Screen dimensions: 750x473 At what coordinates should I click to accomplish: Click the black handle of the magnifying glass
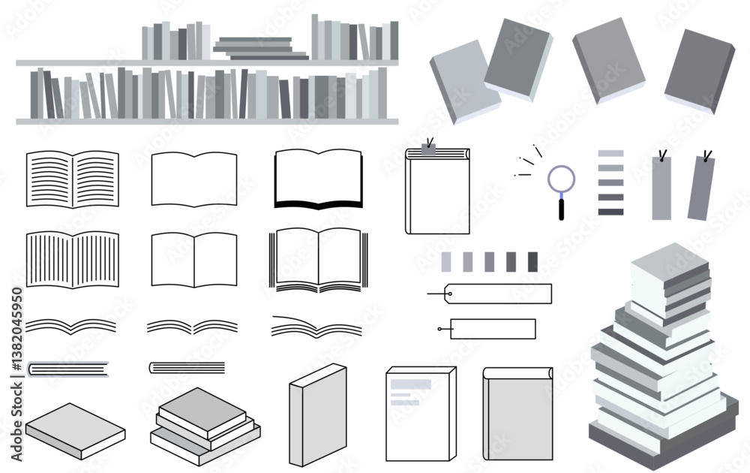[562, 209]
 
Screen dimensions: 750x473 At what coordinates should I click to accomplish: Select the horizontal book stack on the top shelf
[261, 48]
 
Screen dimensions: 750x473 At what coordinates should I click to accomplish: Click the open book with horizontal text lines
[72, 179]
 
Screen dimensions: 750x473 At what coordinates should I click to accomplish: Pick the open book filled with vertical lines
[72, 260]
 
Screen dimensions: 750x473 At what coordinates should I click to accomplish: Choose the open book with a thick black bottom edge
[318, 179]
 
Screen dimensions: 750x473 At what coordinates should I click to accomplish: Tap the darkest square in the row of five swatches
[532, 262]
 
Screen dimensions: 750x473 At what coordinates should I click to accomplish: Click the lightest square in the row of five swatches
[445, 262]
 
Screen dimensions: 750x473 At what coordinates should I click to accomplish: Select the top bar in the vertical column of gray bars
[610, 153]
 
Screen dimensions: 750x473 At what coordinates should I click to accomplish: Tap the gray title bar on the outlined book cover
[411, 384]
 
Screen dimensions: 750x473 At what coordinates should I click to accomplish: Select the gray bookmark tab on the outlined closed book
[428, 149]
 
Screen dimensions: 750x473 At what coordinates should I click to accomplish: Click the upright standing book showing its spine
[317, 415]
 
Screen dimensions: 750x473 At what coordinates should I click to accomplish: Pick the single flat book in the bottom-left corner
[75, 431]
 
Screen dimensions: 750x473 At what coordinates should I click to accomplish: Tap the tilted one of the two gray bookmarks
[701, 188]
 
